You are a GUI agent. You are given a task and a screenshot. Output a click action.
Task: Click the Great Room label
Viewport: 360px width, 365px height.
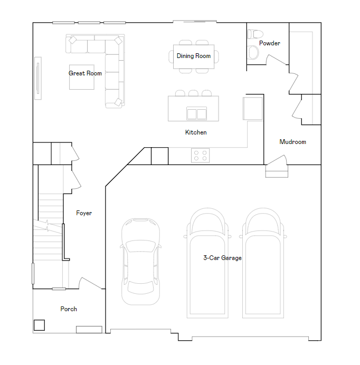(85, 73)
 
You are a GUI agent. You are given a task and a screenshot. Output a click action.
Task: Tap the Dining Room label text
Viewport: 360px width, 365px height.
(194, 56)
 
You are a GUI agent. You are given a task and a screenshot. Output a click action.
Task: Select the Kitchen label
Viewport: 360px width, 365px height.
(196, 132)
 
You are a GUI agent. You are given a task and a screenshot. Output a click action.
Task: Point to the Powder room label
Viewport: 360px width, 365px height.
(269, 43)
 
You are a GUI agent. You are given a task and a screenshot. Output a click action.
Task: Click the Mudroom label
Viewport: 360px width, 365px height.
(292, 142)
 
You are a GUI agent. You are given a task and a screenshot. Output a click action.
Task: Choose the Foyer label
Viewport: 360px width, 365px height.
(84, 213)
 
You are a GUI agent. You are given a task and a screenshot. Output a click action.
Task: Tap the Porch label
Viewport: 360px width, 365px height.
(69, 309)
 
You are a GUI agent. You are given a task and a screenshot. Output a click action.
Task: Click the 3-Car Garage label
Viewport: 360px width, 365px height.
(222, 258)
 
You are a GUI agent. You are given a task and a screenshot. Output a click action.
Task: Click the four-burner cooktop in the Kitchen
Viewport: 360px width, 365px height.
(201, 156)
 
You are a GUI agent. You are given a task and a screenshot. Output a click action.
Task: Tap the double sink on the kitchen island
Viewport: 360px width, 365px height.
(196, 113)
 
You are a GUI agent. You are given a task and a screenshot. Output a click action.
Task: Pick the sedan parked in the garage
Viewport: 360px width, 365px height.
(140, 261)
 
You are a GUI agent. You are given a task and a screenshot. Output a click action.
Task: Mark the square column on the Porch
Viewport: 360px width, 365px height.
(39, 325)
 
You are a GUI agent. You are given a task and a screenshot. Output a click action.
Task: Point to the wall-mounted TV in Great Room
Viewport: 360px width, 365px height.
(37, 77)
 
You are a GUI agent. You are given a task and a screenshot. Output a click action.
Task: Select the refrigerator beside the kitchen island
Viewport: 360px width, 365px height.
(253, 108)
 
